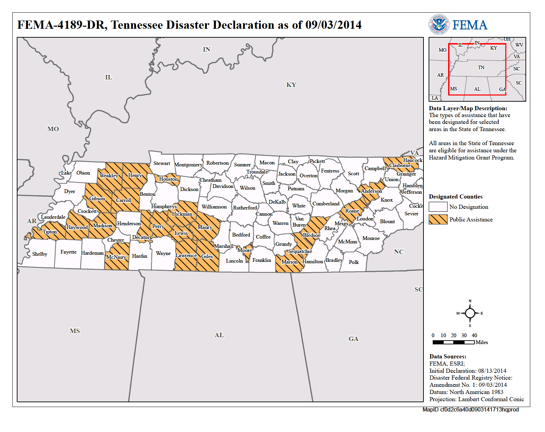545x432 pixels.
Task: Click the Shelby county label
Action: coord(39,254)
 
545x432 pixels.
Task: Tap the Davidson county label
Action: coord(223,186)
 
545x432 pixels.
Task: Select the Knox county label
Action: coord(386,200)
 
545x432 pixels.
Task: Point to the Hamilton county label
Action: coord(313,262)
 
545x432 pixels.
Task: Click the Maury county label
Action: coord(205,227)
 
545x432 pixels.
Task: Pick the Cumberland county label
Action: coord(326,204)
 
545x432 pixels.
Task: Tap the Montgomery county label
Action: coord(188,165)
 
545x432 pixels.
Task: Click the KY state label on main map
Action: coord(291,85)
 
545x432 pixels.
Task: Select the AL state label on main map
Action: coord(219,335)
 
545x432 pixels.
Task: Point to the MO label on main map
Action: coord(53,129)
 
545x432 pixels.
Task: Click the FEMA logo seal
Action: coord(439,25)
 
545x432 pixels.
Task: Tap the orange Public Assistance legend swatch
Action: coord(438,219)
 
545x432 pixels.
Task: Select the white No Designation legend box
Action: coord(438,207)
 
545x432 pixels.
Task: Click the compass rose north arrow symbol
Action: coord(470,313)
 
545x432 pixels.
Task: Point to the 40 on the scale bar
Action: coord(474,335)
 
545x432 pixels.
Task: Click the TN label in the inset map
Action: coord(481,68)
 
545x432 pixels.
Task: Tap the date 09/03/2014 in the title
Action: coord(333,25)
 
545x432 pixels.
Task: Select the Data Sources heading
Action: coord(448,357)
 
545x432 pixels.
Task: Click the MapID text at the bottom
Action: coord(470,410)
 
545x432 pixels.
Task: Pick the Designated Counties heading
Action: coord(456,197)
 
